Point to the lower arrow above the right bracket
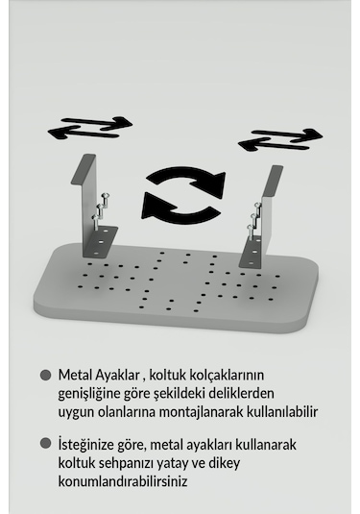[x=274, y=144]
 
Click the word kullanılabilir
[x=285, y=412]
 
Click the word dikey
[x=248, y=463]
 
